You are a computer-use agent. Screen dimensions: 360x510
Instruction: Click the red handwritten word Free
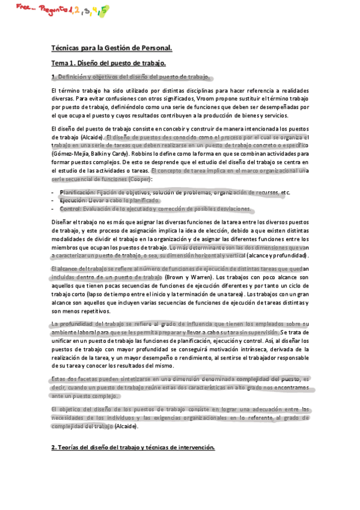click(x=22, y=7)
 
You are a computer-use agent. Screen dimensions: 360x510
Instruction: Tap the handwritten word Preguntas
click(x=52, y=9)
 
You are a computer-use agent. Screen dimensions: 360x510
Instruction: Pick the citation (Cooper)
click(x=138, y=179)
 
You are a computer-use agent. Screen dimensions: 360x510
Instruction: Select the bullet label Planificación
click(x=78, y=192)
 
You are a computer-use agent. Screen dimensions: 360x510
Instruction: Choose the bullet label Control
click(x=70, y=209)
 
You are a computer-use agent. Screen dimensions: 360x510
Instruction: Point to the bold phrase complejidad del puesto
click(x=268, y=380)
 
